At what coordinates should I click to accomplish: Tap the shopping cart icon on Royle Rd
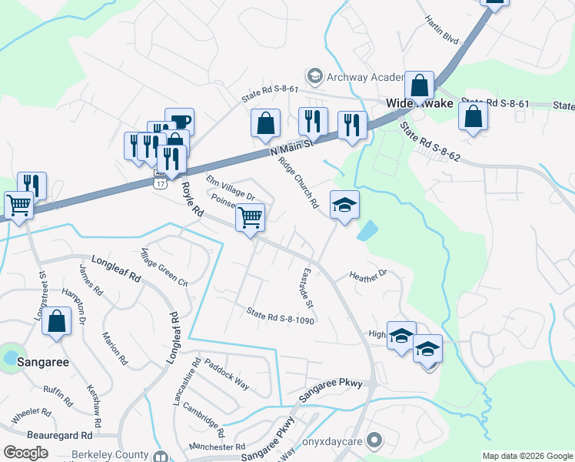coord(250,217)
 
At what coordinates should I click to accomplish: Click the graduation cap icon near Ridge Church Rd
coord(344,204)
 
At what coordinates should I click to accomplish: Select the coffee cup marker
coord(179,121)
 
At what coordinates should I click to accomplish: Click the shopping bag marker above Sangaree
coord(57,322)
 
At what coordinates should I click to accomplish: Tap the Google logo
coord(25,453)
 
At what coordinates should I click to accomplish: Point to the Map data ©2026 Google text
coord(527,456)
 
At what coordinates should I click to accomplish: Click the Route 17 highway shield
coord(159,183)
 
